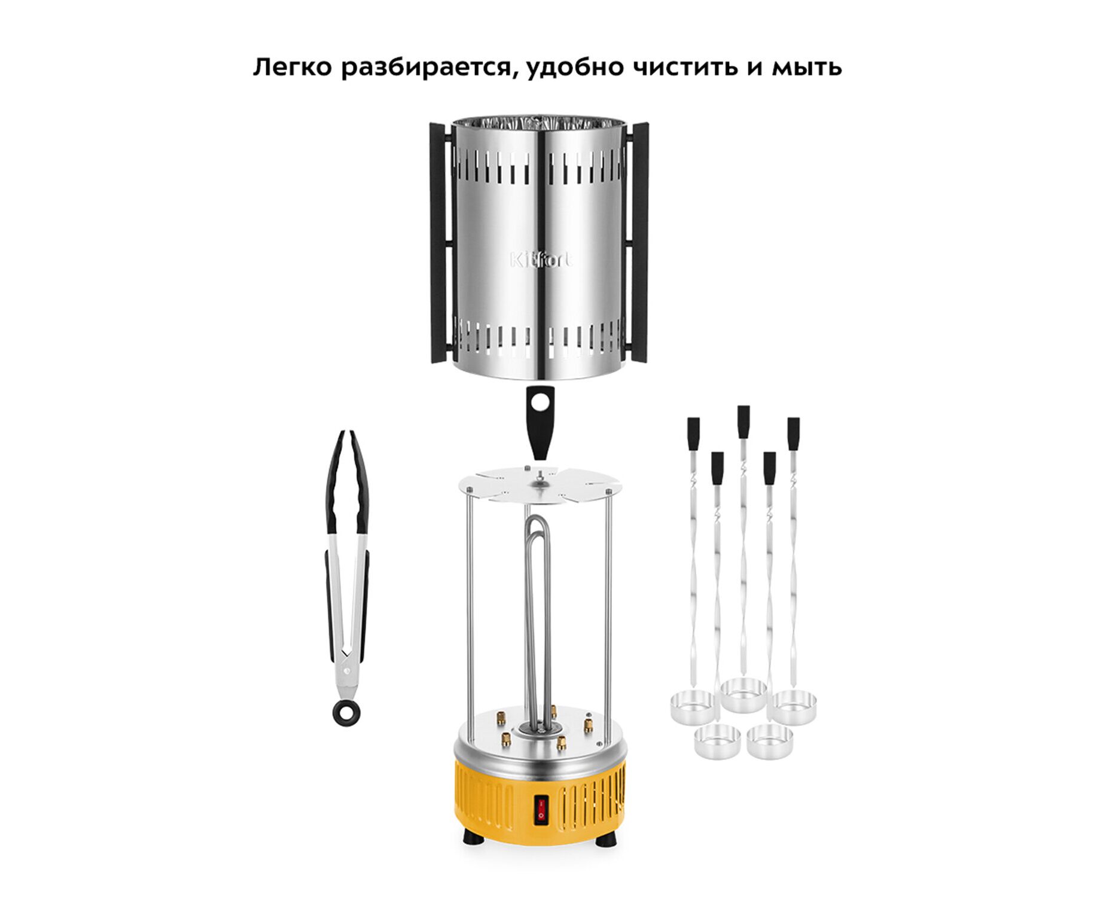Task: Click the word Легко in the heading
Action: point(292,67)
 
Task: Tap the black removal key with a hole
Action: point(540,422)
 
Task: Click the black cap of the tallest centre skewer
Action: point(743,422)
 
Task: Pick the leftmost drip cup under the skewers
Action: point(693,706)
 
